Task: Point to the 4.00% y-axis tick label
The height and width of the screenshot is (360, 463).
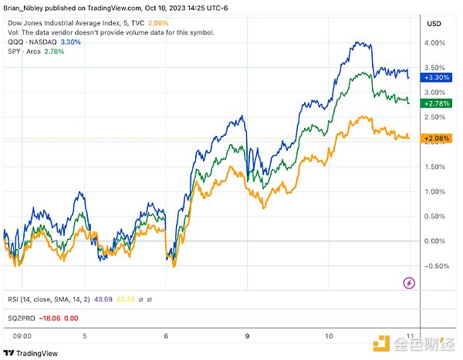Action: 434,43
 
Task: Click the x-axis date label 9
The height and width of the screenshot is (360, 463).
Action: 247,335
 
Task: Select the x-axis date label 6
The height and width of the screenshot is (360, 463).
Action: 167,335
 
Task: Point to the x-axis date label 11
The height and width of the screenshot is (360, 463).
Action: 408,335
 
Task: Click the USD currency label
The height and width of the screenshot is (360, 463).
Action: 434,24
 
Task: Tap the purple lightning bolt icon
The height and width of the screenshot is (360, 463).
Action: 409,284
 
